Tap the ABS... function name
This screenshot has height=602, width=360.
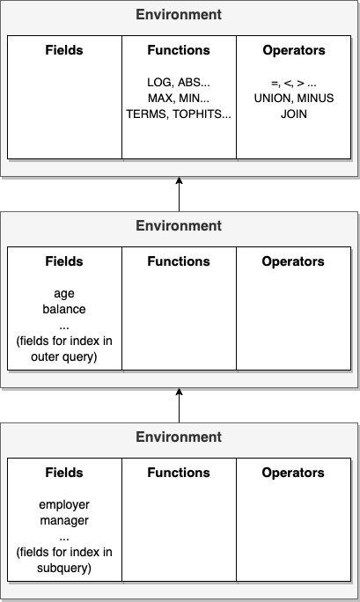click(x=194, y=82)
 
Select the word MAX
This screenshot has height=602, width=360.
click(x=160, y=99)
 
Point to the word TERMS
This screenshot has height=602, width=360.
click(x=147, y=114)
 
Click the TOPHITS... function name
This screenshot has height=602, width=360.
click(x=202, y=114)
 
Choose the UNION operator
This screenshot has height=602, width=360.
click(x=273, y=99)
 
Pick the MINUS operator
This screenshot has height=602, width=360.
click(x=315, y=99)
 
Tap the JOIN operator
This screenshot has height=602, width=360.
click(x=294, y=114)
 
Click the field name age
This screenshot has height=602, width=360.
click(x=64, y=294)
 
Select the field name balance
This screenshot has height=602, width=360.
click(x=64, y=309)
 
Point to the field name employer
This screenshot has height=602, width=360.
click(x=64, y=505)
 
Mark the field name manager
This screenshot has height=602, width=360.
click(x=64, y=521)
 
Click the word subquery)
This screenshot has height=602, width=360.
click(x=64, y=568)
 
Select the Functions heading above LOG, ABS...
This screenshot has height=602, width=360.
click(x=179, y=50)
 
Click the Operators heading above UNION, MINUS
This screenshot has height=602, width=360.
click(x=294, y=50)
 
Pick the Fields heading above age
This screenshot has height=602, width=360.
click(x=64, y=261)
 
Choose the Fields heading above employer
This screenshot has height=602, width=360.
click(x=64, y=473)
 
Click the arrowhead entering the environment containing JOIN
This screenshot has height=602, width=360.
click(x=179, y=180)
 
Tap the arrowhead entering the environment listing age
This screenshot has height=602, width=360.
click(x=179, y=392)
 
